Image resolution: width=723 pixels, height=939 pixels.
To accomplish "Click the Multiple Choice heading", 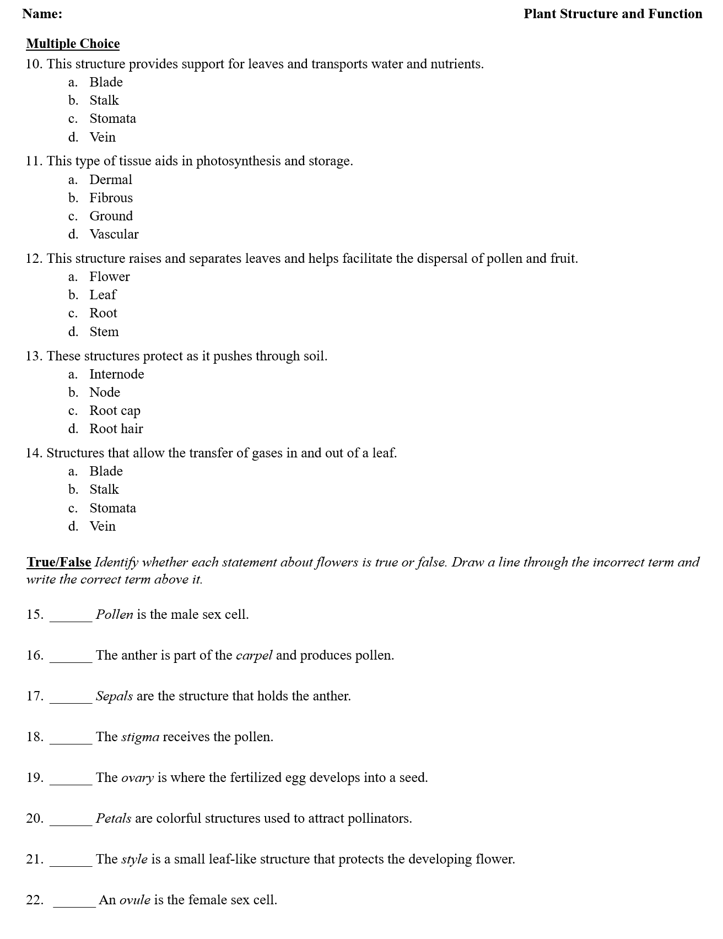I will (73, 44).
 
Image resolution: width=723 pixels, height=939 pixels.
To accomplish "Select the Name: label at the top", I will (42, 14).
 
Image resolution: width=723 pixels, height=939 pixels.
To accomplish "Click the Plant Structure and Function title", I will (613, 14).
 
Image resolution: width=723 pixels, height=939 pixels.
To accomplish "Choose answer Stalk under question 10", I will (104, 100).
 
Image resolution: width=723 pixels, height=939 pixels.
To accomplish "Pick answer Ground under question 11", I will (111, 216).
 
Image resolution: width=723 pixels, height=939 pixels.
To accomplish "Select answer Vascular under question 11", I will (114, 234).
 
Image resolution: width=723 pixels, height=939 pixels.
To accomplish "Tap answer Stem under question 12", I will (104, 332).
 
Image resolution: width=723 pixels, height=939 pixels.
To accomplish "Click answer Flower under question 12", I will (110, 277).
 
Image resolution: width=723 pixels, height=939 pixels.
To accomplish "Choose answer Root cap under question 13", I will (115, 411).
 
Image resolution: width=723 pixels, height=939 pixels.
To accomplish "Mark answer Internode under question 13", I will (117, 374).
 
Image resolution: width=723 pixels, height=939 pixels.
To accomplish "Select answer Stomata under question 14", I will (112, 508).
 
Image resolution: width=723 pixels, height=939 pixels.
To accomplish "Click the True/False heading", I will (59, 562).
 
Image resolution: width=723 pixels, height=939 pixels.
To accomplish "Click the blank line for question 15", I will (71, 619).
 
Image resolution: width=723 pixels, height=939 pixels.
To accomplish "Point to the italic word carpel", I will (254, 656).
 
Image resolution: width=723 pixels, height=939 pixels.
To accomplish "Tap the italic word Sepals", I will (114, 696).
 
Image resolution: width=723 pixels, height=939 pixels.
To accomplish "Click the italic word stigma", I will (140, 737).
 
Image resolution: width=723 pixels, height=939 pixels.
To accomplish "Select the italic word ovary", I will (137, 778).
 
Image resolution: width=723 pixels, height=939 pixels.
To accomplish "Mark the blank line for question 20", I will (71, 823).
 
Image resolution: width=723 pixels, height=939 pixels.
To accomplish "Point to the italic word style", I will (134, 860).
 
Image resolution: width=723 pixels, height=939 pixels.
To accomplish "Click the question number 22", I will (35, 900).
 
